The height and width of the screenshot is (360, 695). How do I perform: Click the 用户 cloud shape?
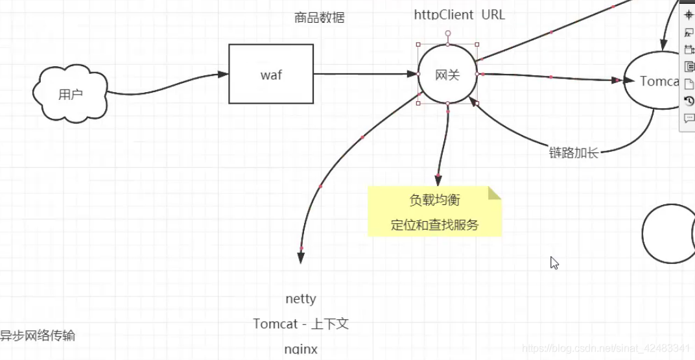coord(70,95)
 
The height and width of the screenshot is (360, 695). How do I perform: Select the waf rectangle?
coord(271,74)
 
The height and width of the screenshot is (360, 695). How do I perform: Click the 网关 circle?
coord(447,75)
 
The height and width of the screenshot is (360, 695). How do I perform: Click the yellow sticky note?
coord(434,211)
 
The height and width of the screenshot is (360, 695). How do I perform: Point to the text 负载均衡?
coord(434,200)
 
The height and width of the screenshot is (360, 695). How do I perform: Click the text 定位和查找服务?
coord(434,225)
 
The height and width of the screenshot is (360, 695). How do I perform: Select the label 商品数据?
coord(319,18)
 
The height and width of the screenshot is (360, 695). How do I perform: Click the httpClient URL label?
coord(459,14)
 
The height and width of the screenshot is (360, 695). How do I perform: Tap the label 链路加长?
coord(573,153)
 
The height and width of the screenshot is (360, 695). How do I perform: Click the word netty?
coord(301,299)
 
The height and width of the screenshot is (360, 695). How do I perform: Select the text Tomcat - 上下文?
coord(301,324)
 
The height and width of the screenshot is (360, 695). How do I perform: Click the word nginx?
coord(301,349)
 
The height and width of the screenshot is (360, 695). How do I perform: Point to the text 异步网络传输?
coord(38,336)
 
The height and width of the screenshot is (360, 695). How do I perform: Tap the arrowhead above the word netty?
coord(301,258)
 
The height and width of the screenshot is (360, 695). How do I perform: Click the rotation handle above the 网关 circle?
coord(447,32)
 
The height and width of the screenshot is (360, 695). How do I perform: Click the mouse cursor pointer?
coord(554,262)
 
